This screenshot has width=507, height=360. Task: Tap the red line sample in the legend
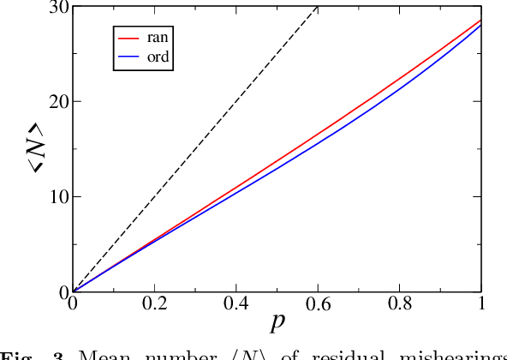pyautogui.click(x=128, y=39)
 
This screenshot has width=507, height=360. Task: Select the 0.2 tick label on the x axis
pyautogui.click(x=154, y=305)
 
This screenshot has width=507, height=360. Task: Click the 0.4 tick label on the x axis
pyautogui.click(x=236, y=305)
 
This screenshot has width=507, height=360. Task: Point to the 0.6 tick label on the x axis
pyautogui.click(x=318, y=305)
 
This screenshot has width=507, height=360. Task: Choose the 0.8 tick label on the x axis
pyautogui.click(x=400, y=305)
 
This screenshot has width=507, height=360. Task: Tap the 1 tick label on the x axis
pyautogui.click(x=481, y=305)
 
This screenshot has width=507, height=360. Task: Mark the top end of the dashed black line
pyautogui.click(x=318, y=6)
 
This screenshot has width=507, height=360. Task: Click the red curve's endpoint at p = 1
pyautogui.click(x=481, y=21)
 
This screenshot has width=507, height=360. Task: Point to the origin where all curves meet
pyautogui.click(x=73, y=291)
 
